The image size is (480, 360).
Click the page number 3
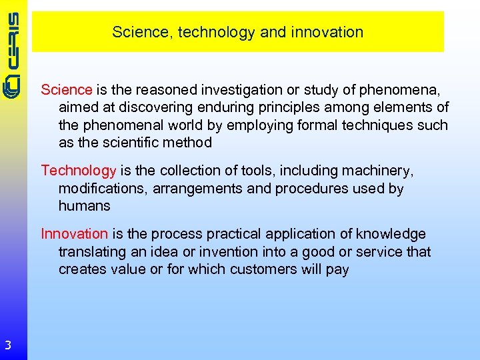pos(7,345)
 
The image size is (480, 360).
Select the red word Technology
pos(79,171)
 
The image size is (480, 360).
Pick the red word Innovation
pos(74,234)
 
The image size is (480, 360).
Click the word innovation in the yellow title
pos(329,32)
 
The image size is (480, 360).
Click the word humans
pos(84,206)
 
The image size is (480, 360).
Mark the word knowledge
pos(391,234)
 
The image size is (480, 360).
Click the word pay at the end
pos(337,270)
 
